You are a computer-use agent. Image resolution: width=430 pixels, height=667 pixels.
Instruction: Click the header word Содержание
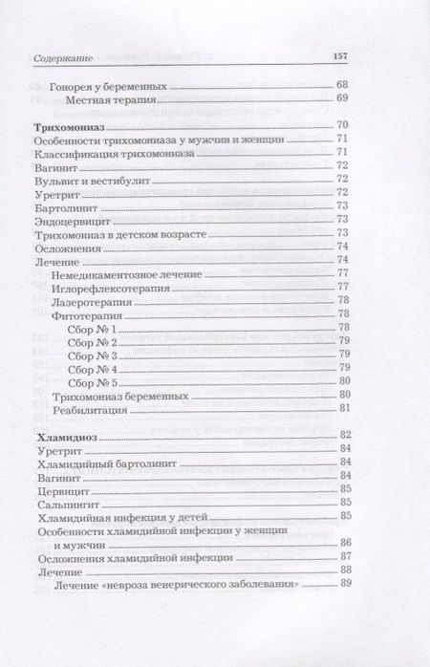pyautogui.click(x=60, y=56)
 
